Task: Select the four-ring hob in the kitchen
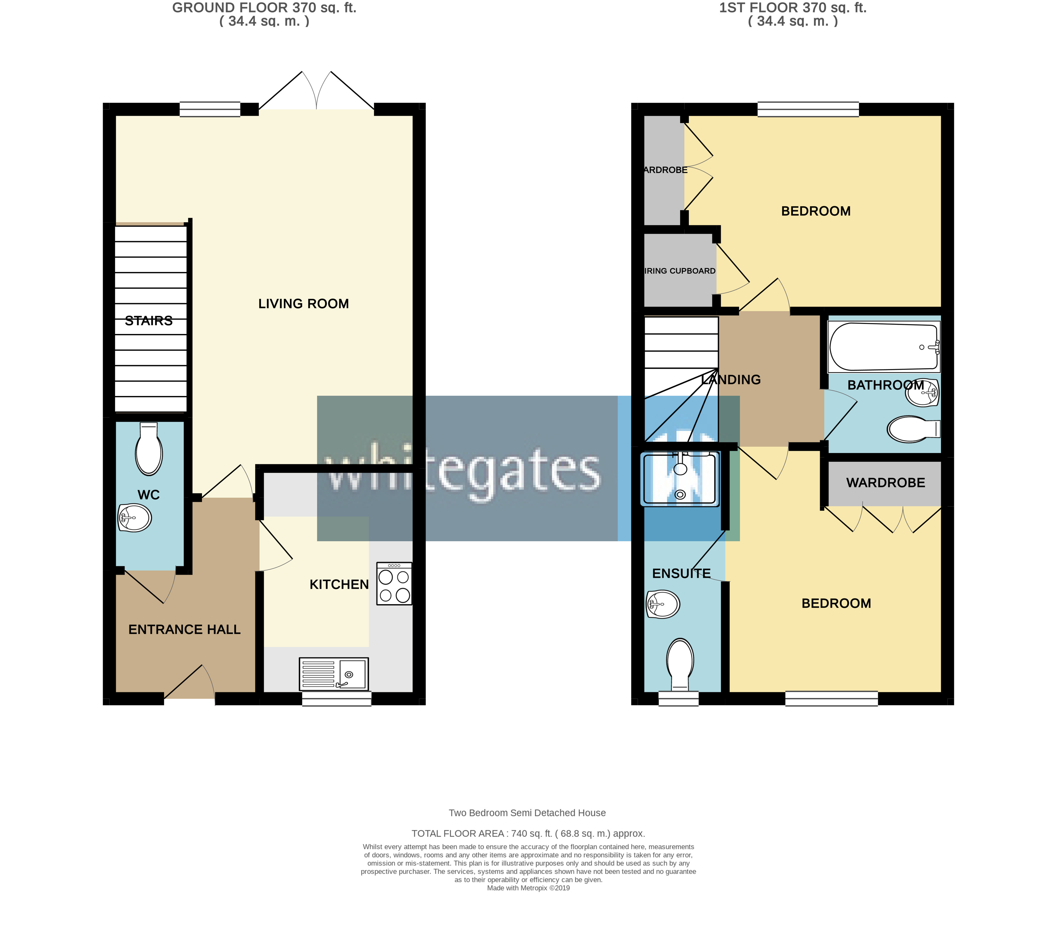[x=394, y=584]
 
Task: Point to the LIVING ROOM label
[x=304, y=304]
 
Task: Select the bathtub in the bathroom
[x=883, y=346]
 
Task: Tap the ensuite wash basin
[x=662, y=604]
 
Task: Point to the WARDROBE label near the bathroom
[x=885, y=483]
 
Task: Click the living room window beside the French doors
[x=210, y=109]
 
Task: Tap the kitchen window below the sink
[x=337, y=699]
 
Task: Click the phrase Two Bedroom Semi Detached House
[x=527, y=813]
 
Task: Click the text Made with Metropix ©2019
[x=528, y=888]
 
